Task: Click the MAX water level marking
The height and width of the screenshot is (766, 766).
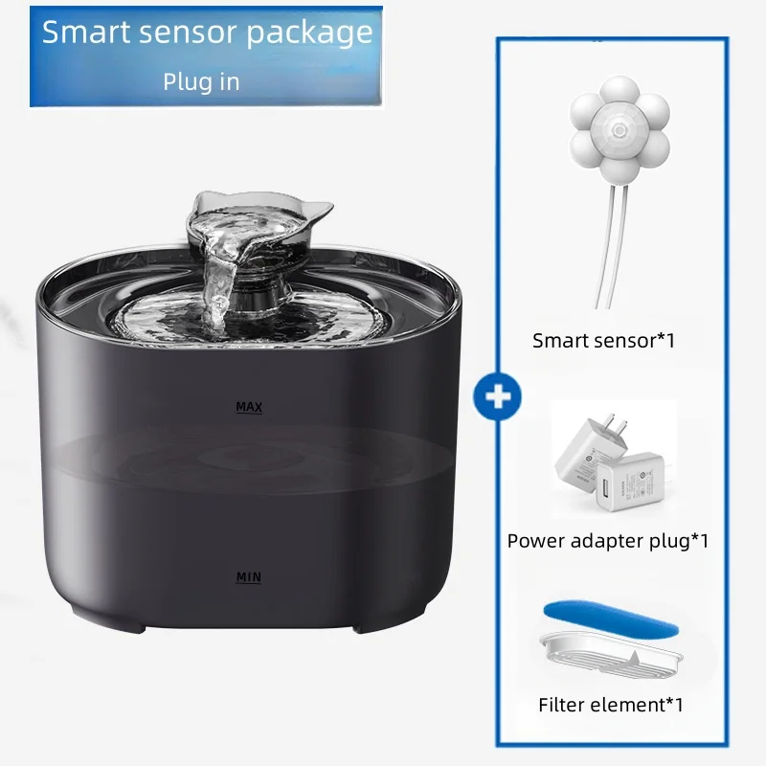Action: click(x=249, y=407)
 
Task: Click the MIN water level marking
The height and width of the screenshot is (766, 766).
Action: click(x=249, y=577)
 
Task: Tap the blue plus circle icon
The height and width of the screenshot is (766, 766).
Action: click(x=497, y=396)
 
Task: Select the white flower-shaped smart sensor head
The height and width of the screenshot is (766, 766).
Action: click(x=620, y=129)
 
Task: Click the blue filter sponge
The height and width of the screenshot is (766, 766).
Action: click(x=611, y=618)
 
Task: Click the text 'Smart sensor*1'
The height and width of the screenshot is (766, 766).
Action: click(x=604, y=341)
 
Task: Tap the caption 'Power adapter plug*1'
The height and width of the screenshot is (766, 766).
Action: click(x=608, y=541)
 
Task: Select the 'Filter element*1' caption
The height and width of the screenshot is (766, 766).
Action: click(x=611, y=705)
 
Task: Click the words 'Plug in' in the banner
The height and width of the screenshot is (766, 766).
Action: click(x=201, y=81)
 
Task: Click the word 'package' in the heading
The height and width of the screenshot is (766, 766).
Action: click(x=309, y=33)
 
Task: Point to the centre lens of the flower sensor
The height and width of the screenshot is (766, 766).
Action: click(x=620, y=130)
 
